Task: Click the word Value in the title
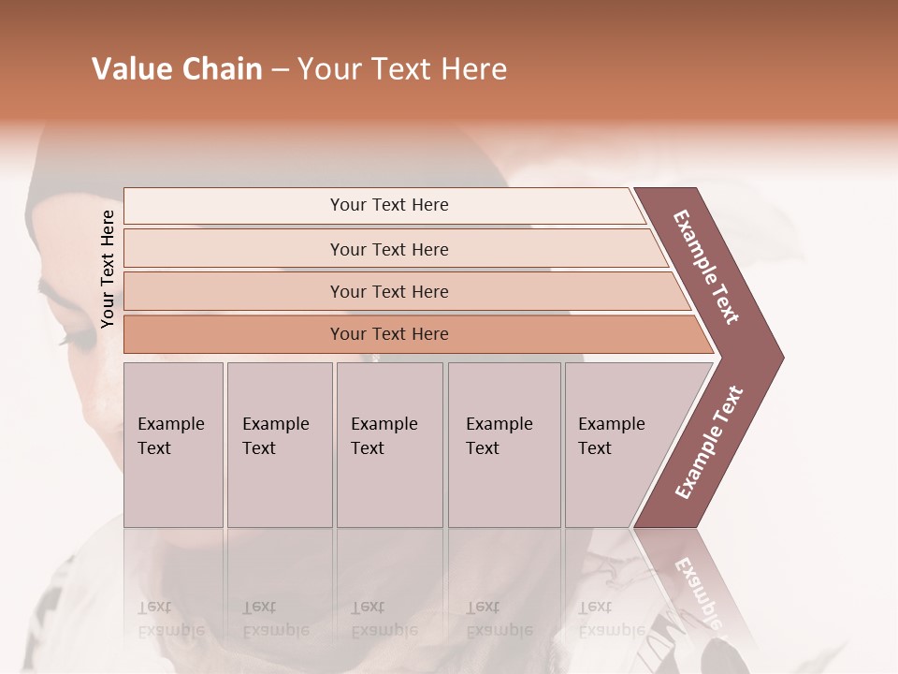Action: tap(132, 69)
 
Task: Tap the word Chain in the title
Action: tap(222, 69)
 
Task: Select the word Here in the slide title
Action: tap(473, 69)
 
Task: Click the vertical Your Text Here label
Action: tap(108, 269)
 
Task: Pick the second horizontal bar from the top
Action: tap(389, 249)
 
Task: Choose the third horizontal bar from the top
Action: tap(389, 291)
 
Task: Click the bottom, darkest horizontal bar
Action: tap(389, 334)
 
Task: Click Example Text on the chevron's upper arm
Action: tap(706, 266)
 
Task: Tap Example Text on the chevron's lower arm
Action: tap(709, 442)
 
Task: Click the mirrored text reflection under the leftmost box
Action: tap(170, 619)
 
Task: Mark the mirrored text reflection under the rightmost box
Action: tap(612, 619)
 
